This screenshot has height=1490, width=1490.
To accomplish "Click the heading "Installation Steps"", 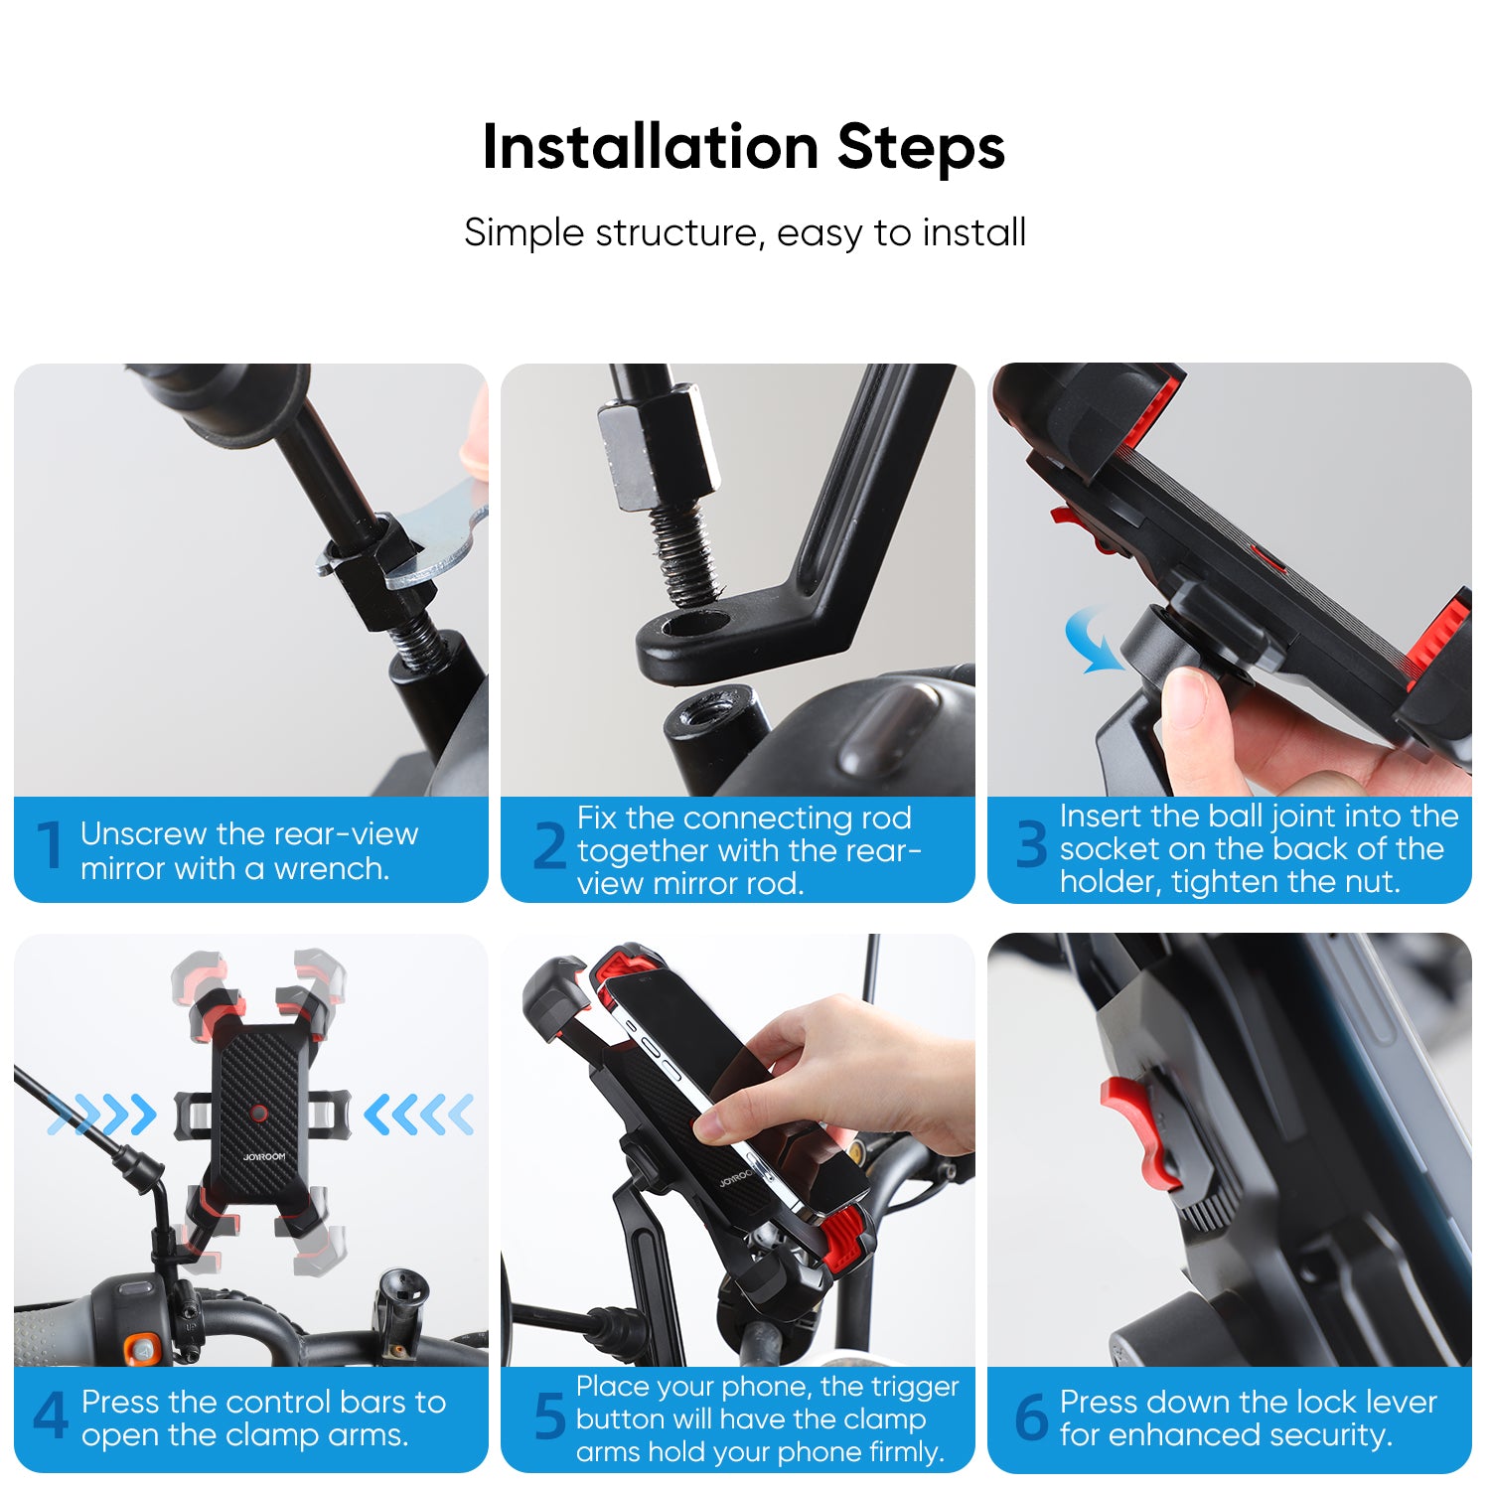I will click(743, 147).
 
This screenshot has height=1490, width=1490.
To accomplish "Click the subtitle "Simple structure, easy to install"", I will click(744, 233).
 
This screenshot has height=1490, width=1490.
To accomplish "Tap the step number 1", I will click(50, 846).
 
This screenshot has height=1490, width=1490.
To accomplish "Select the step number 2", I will click(549, 846).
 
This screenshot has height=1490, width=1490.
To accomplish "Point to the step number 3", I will click(1031, 845).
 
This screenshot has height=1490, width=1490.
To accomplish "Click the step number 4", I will click(50, 1416).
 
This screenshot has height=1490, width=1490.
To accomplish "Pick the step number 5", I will click(549, 1416).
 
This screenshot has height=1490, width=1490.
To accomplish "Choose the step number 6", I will click(1031, 1416).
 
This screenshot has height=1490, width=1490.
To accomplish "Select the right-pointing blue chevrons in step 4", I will click(104, 1115).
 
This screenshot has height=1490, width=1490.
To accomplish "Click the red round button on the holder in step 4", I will click(259, 1113).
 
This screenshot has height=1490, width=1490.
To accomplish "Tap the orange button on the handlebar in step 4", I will click(140, 1349).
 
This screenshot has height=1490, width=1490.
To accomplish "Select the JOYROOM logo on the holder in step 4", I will click(263, 1157).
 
